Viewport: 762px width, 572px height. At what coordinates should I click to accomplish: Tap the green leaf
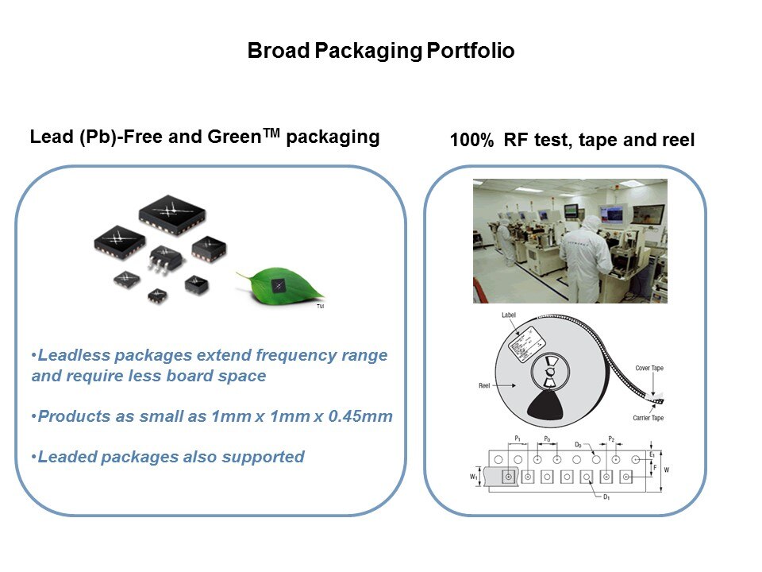pyautogui.click(x=274, y=285)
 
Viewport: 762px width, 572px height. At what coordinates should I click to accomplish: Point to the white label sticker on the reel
pyautogui.click(x=524, y=342)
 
